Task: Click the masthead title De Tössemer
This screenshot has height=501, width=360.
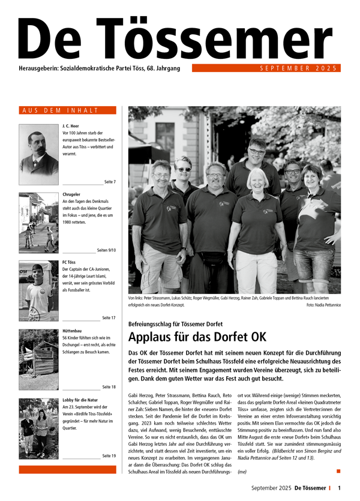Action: (179, 38)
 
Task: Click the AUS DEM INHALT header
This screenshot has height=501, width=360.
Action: (67, 110)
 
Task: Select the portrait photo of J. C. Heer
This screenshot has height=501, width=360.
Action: (38, 154)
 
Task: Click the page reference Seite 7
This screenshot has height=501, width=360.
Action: (109, 181)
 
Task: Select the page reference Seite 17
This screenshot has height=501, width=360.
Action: (109, 317)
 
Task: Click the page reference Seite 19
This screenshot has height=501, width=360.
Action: (109, 456)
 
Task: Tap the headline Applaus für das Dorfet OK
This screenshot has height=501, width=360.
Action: (197, 337)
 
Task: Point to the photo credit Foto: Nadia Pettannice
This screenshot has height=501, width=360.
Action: (323, 305)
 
